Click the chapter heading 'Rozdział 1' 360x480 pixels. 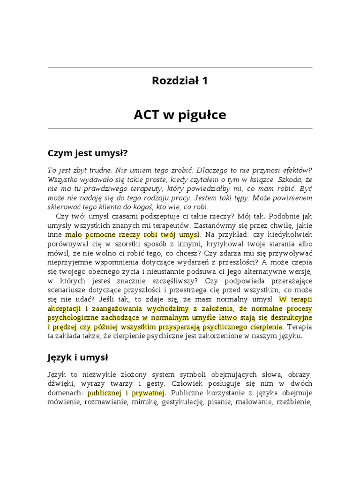tap(180, 81)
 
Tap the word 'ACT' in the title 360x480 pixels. tap(147, 115)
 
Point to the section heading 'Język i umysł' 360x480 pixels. tap(78, 358)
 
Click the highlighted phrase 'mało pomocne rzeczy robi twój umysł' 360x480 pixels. tap(133, 234)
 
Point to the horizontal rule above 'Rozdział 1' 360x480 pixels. tap(180, 67)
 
